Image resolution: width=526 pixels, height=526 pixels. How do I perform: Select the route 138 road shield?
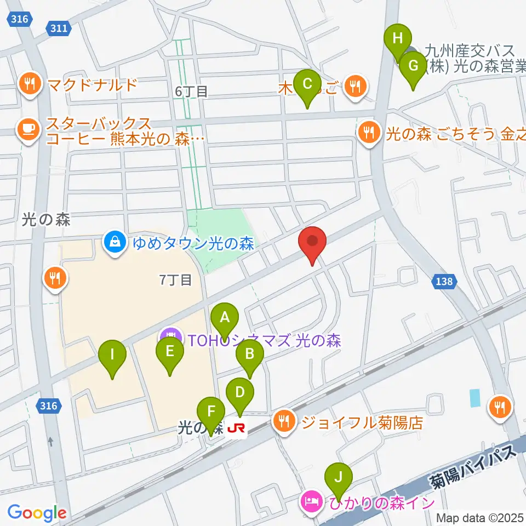[445, 281]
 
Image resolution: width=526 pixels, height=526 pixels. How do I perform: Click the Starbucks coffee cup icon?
[28, 130]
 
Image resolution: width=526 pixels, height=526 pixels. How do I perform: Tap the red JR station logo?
[236, 428]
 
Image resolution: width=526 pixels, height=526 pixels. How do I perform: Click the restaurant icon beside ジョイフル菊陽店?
[284, 421]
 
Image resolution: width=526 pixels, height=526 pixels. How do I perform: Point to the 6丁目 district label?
[191, 92]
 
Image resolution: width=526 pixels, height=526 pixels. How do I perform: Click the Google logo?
[37, 513]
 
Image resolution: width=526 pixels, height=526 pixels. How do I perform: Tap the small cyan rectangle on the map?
[474, 397]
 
